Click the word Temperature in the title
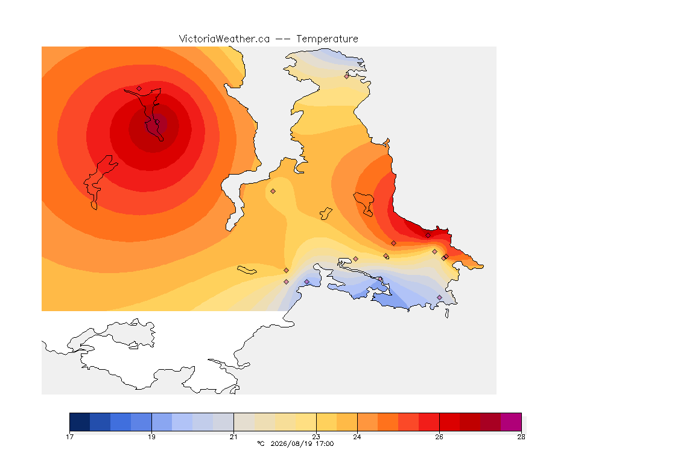(x=327, y=39)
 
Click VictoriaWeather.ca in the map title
(x=224, y=39)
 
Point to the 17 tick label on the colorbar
(x=69, y=437)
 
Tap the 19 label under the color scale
(x=151, y=437)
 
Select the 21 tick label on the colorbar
(x=233, y=437)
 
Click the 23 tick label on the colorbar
(x=316, y=437)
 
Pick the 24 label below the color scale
(x=357, y=437)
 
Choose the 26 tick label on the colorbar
(x=439, y=437)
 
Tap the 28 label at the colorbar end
(x=521, y=437)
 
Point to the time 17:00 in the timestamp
(x=325, y=443)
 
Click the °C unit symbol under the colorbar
(x=261, y=443)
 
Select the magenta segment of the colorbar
(x=511, y=422)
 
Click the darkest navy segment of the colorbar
(x=80, y=422)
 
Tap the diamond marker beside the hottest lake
(x=139, y=88)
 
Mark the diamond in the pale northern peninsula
(x=347, y=76)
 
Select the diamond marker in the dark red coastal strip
(x=428, y=236)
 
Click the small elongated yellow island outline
(x=247, y=270)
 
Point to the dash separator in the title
(x=283, y=39)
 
